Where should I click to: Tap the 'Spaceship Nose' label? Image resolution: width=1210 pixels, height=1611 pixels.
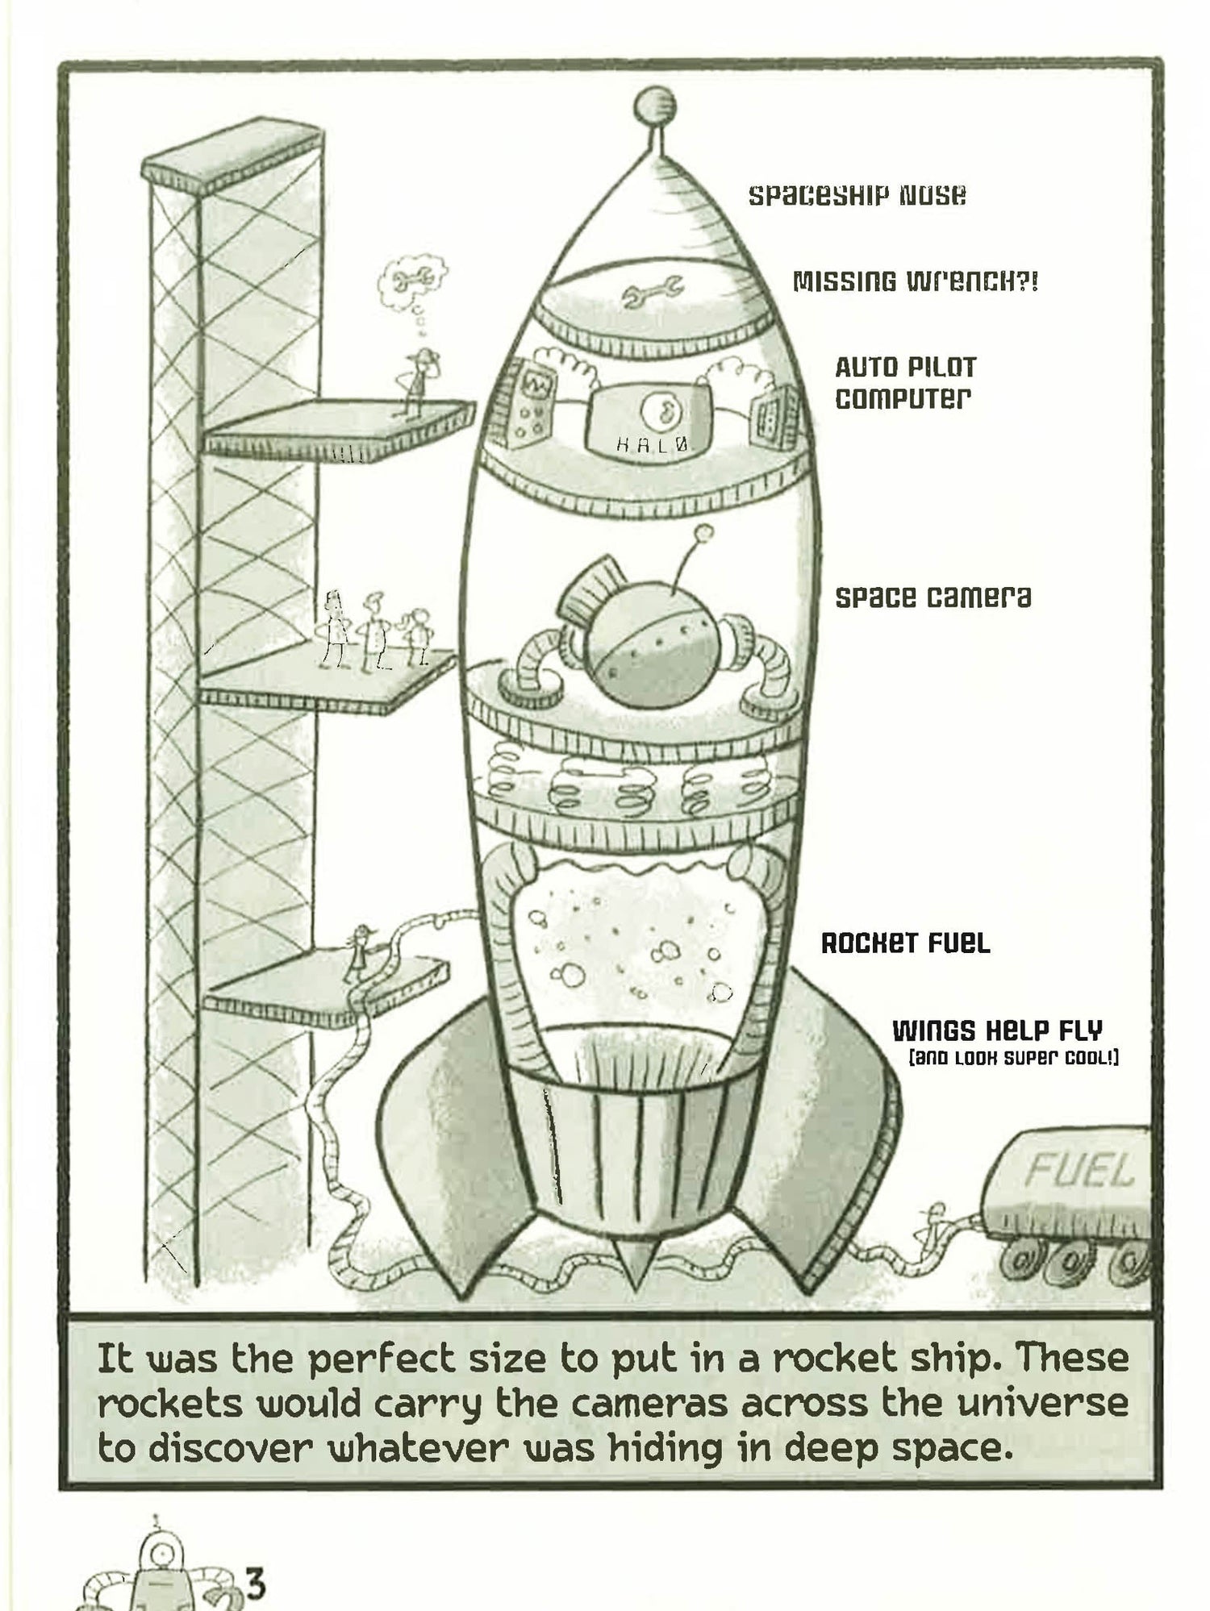pyautogui.click(x=857, y=195)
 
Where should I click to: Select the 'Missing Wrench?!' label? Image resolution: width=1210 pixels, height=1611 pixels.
pyautogui.click(x=916, y=281)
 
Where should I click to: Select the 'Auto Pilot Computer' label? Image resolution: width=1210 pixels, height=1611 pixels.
pyautogui.click(x=905, y=382)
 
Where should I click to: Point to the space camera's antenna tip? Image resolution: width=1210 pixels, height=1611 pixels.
pyautogui.click(x=704, y=531)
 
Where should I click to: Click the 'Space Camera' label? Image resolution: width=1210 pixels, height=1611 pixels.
pyautogui.click(x=933, y=597)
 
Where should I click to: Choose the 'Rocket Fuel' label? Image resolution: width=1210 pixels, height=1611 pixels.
pyautogui.click(x=905, y=943)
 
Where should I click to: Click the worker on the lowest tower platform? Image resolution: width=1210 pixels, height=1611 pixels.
pyautogui.click(x=357, y=953)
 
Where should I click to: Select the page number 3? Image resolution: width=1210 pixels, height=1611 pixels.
pyautogui.click(x=256, y=1581)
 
